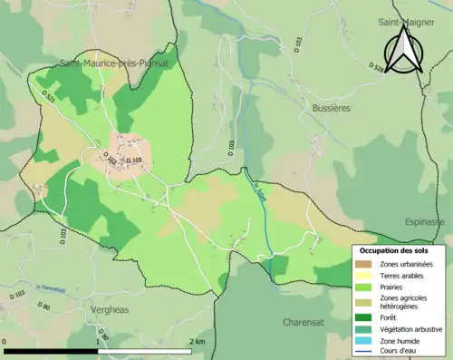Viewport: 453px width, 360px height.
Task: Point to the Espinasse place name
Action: pos(427,220)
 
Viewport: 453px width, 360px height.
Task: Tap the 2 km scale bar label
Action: pos(197,342)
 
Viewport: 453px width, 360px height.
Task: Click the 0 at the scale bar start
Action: pos(5,342)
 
